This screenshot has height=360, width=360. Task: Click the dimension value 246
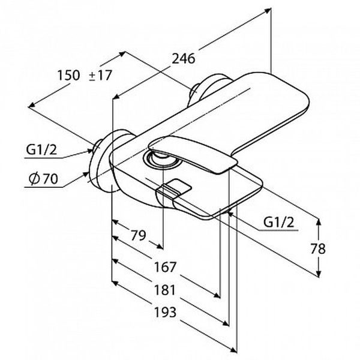point(184,59)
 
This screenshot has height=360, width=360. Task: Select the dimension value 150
point(68,75)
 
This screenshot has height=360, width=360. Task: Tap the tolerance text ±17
point(100,75)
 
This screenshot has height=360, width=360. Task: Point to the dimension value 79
point(138,235)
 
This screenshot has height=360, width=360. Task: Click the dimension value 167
point(165,267)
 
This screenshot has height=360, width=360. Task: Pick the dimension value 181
point(165,290)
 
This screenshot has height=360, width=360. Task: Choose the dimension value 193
point(165,312)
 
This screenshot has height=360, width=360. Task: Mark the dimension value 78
point(318,248)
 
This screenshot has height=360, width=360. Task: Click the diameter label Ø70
point(43,179)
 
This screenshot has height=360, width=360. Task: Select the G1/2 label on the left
point(41,150)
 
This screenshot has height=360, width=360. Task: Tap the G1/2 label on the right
point(279,222)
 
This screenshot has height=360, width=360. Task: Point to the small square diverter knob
point(174,187)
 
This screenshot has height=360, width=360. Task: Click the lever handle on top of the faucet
point(193,154)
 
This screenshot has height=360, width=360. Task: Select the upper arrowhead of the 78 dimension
point(319,221)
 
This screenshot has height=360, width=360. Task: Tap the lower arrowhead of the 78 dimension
point(319,274)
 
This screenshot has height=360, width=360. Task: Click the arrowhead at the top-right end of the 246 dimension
point(268,10)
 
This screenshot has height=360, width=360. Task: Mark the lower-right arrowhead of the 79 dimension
point(160,247)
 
